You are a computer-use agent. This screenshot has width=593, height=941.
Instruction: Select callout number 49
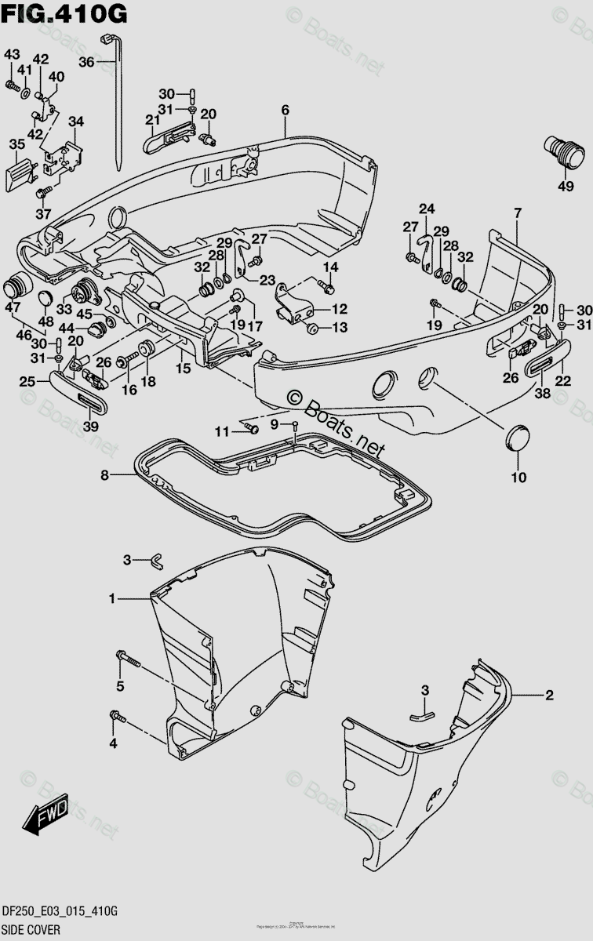(566, 186)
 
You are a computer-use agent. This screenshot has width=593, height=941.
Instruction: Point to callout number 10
(519, 476)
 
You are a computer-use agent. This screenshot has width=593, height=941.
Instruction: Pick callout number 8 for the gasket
(104, 474)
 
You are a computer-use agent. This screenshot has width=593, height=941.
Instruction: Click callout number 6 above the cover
(285, 111)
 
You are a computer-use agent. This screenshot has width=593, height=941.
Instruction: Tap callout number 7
(517, 213)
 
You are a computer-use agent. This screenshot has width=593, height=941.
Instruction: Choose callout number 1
(113, 599)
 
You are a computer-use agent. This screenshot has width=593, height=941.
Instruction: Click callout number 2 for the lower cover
(549, 695)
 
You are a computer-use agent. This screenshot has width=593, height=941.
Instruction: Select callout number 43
(11, 54)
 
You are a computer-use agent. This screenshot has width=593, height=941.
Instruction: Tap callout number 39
(90, 426)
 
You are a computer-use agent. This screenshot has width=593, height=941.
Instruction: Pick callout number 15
(183, 367)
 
